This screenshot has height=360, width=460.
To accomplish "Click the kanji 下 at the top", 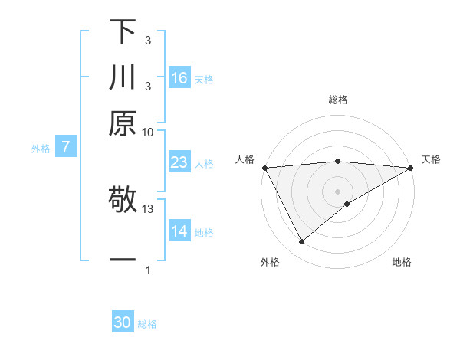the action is pos(123,32).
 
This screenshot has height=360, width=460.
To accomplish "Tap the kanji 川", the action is pos(123,77).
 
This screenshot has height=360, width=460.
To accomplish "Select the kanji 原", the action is pos(123,123).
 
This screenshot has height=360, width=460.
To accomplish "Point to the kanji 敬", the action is pos(123,201).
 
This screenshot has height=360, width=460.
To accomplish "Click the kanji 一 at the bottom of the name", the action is pos(123,260).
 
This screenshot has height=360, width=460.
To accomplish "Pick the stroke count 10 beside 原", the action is pos(148,132).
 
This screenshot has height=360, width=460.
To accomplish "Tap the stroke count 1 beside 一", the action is pos(148,270).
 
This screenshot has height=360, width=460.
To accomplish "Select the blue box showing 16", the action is pos(179,78).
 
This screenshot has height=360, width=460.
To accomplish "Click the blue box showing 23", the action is pos(179,162).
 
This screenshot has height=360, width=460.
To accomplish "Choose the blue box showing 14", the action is pos(179,231).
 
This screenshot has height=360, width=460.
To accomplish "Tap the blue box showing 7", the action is pos(66,147).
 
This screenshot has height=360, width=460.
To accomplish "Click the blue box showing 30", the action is pos(123,322).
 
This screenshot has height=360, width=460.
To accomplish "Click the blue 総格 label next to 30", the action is pos(148,324).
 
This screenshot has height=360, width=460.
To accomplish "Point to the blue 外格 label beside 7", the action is pos(41,149).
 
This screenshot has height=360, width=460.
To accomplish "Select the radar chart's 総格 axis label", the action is pos(338,100).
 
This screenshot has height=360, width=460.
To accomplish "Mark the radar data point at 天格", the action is pos(411,168).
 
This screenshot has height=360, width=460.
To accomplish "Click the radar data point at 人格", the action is pos(264,168).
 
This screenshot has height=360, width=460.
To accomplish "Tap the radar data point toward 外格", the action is pos(301,242).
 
